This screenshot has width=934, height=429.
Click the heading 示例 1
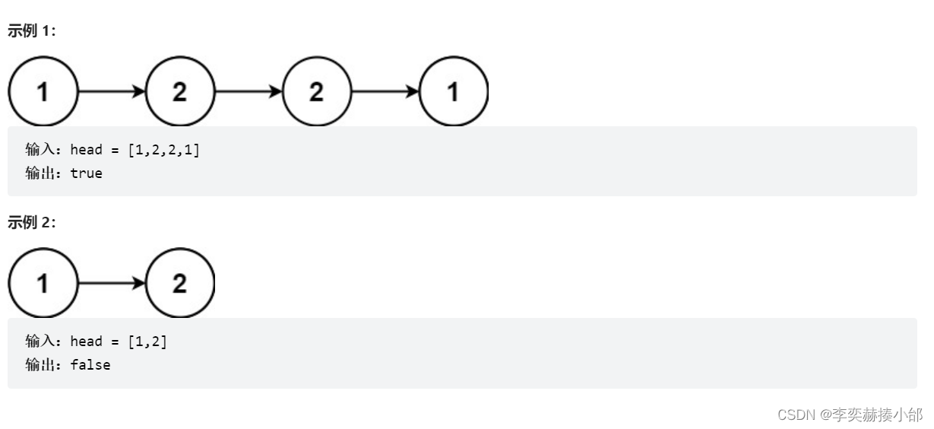tap(31, 31)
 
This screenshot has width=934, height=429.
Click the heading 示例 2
tap(31, 222)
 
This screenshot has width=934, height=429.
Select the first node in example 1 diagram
tap(43, 92)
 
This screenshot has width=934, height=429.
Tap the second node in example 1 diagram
tap(179, 92)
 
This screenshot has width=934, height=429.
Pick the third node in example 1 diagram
tap(316, 92)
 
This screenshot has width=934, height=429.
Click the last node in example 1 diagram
tap(453, 92)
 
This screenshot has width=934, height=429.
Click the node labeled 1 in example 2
tap(43, 284)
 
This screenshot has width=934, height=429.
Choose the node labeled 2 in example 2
tap(179, 284)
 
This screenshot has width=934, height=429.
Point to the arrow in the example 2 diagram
tap(111, 284)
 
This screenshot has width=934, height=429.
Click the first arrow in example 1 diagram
tap(111, 92)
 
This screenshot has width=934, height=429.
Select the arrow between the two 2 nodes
tap(248, 92)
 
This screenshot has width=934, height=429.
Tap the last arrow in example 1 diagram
tap(385, 92)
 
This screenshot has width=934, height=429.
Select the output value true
tap(86, 173)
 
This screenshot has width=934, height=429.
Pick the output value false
tap(90, 365)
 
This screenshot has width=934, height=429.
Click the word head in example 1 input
tap(86, 150)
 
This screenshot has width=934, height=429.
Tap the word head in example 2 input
tap(86, 342)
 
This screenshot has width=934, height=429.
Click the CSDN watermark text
tap(849, 415)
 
